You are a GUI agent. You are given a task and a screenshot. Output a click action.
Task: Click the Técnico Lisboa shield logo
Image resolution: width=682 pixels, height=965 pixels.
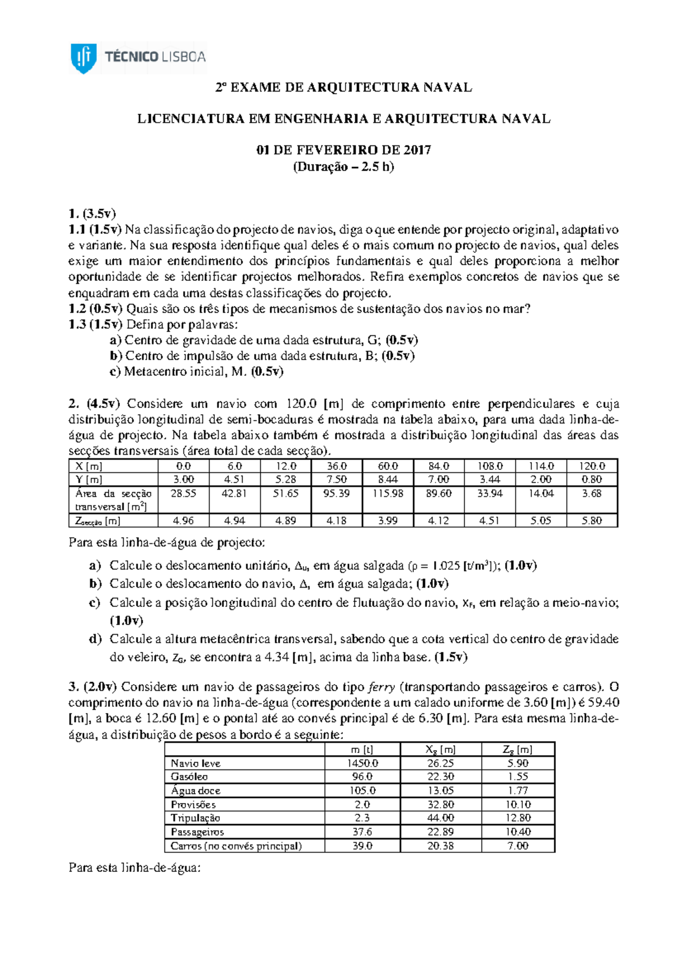pyautogui.click(x=84, y=57)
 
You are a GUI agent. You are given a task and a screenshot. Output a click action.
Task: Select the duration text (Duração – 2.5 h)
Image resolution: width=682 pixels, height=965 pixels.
pyautogui.click(x=343, y=167)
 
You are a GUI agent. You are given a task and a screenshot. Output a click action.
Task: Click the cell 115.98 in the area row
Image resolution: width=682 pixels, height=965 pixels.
pyautogui.click(x=388, y=493)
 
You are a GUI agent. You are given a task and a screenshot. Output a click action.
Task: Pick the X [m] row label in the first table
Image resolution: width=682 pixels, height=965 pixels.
pyautogui.click(x=89, y=466)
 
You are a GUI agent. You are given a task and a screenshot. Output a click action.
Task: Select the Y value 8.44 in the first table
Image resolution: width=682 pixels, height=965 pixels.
pyautogui.click(x=388, y=480)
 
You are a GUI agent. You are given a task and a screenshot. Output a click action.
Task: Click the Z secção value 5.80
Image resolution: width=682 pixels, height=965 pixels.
pyautogui.click(x=592, y=521)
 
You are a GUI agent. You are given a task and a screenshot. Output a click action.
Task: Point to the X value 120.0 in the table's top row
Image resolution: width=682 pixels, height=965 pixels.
pyautogui.click(x=592, y=466)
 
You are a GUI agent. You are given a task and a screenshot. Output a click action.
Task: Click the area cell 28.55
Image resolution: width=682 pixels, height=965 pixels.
pyautogui.click(x=183, y=493)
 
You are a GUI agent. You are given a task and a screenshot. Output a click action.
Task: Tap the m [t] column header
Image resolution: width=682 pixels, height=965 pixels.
pyautogui.click(x=363, y=750)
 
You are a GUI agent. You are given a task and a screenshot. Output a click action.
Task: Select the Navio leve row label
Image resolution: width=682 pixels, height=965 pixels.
pyautogui.click(x=196, y=763)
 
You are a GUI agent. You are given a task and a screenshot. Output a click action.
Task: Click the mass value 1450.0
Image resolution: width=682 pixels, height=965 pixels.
pyautogui.click(x=363, y=763)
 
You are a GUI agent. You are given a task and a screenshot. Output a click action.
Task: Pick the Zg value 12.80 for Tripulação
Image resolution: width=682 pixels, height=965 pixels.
pyautogui.click(x=518, y=818)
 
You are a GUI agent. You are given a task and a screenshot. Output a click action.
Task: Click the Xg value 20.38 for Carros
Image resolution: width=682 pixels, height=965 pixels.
pyautogui.click(x=440, y=846)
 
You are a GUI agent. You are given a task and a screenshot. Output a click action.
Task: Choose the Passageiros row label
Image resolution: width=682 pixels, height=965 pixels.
pyautogui.click(x=197, y=832)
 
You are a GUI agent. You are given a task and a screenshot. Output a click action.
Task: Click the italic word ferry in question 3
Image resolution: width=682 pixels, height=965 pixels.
pyautogui.click(x=382, y=687)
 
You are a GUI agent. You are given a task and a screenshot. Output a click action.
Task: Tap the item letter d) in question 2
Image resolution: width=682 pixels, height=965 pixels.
pyautogui.click(x=95, y=639)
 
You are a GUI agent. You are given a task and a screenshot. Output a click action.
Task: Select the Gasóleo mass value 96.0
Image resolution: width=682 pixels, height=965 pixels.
pyautogui.click(x=363, y=777)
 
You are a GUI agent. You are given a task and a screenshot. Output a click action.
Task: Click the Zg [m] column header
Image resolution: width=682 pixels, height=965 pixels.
pyautogui.click(x=518, y=750)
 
